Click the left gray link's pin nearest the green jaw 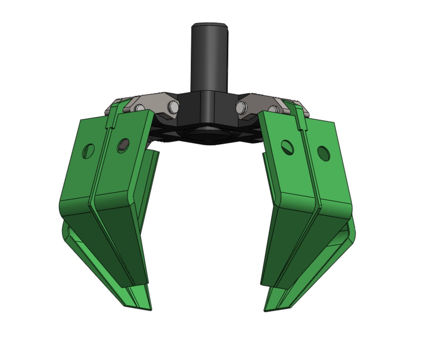pyautogui.click(x=139, y=108)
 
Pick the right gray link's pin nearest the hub pyautogui.click(x=241, y=107)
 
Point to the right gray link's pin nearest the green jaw pyautogui.click(x=273, y=109)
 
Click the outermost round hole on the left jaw pyautogui.click(x=88, y=151)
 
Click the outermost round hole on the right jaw pyautogui.click(x=323, y=153)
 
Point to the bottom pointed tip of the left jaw pyautogui.click(x=151, y=310)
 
